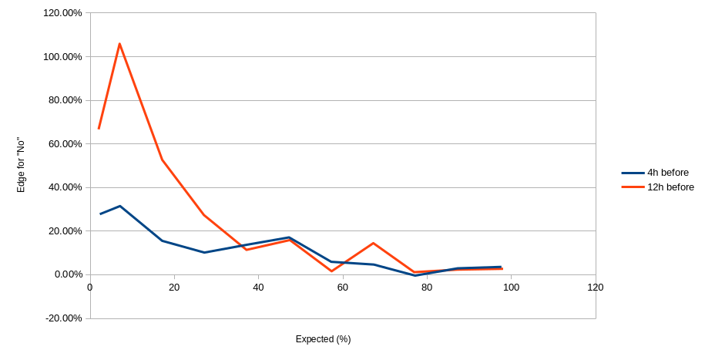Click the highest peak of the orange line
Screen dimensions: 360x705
(x=119, y=43)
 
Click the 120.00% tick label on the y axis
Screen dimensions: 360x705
(x=63, y=13)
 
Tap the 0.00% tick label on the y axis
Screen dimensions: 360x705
(x=68, y=274)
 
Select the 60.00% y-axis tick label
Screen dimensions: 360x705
(x=65, y=143)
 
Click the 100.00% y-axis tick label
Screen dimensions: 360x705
(x=63, y=56)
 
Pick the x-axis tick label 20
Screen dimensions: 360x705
(x=174, y=288)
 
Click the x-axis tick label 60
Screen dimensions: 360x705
(x=343, y=288)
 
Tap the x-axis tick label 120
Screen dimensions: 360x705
(x=595, y=288)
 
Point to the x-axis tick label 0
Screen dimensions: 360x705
(x=90, y=288)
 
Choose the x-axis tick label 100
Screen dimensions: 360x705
(x=511, y=288)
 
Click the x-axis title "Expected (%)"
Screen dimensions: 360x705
(x=323, y=339)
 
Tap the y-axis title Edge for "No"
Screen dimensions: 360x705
(x=22, y=164)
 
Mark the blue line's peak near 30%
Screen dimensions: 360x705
(x=119, y=206)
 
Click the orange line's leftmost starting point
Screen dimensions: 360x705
(x=99, y=129)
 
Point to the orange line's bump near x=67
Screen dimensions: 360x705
(x=373, y=243)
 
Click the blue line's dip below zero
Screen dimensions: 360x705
(x=415, y=275)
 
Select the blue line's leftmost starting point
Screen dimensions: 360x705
(x=99, y=214)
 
